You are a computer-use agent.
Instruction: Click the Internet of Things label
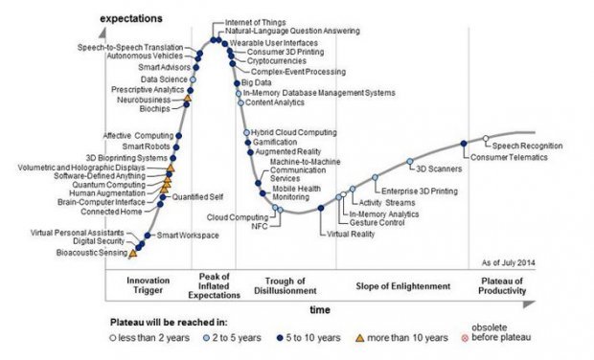click(256, 23)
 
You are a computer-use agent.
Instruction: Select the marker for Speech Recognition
click(486, 138)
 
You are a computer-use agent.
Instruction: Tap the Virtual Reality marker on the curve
click(321, 208)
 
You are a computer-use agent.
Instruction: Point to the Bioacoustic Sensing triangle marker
click(132, 254)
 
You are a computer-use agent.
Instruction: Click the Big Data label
click(257, 82)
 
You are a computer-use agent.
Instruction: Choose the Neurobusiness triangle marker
click(187, 98)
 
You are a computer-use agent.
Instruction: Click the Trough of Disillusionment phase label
click(285, 286)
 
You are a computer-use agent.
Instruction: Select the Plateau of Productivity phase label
click(502, 286)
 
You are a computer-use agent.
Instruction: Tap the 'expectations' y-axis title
click(131, 18)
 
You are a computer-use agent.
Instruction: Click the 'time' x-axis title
click(320, 309)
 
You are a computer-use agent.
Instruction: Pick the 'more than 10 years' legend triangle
click(360, 338)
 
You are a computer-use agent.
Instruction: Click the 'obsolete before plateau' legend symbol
click(465, 338)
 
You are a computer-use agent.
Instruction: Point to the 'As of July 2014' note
click(509, 262)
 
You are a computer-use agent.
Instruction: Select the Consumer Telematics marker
click(464, 144)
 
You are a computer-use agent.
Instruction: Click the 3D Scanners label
click(439, 169)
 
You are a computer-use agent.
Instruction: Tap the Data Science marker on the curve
click(193, 79)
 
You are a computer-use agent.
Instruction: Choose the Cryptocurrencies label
click(277, 61)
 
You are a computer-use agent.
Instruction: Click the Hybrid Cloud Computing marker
click(246, 132)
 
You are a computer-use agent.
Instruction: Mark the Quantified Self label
click(197, 197)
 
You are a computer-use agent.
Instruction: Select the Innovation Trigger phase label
click(148, 285)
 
